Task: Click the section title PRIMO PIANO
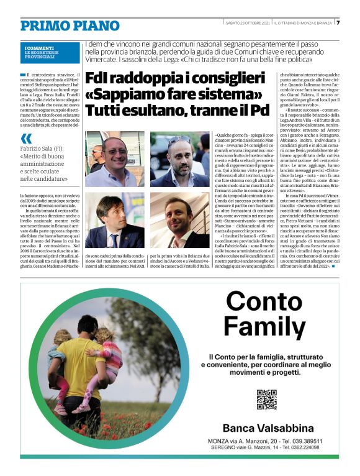(x=70, y=25)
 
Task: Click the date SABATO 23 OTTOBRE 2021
(x=248, y=23)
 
